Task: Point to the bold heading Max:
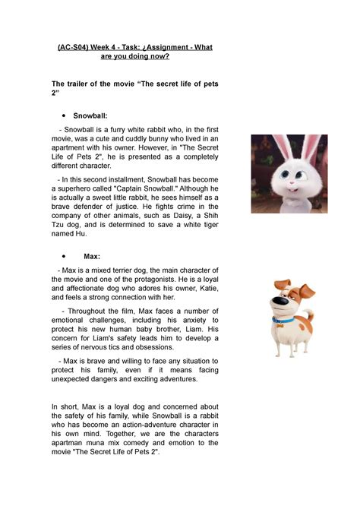(83, 258)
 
